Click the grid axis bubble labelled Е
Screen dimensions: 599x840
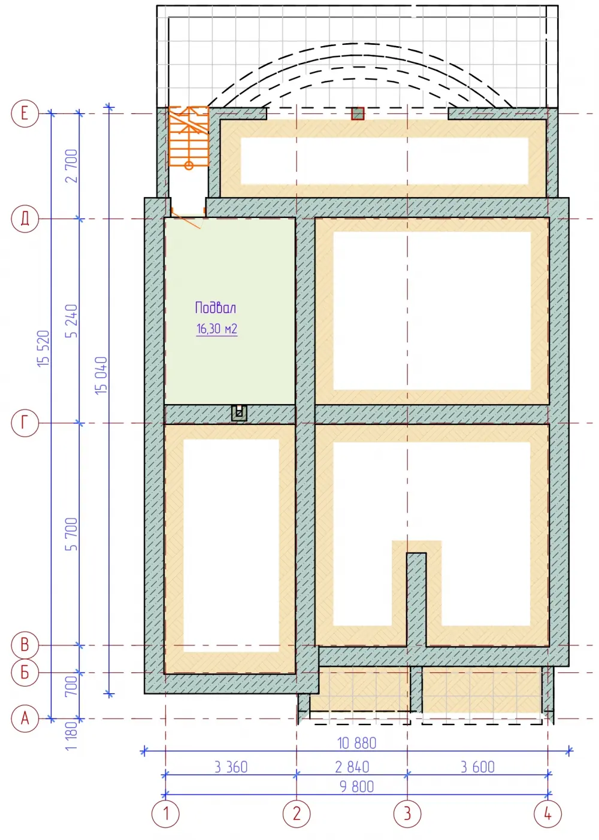25,113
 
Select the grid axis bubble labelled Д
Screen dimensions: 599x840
25,219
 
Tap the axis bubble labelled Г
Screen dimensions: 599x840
25,423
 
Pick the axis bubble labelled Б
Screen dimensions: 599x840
25,672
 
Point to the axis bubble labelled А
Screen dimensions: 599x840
25,718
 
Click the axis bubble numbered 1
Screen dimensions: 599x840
165,814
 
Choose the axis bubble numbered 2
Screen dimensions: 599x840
297,814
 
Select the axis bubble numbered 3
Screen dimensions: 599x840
407,814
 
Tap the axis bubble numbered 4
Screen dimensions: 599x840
547,814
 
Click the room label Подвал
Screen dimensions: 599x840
216,308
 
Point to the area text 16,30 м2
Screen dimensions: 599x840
217,329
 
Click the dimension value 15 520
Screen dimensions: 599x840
44,348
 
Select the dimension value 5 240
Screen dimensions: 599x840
72,321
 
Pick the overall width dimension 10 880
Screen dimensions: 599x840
356,743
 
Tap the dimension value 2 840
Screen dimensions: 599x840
352,767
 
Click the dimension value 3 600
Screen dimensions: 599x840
478,767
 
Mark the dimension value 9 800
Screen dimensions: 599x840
356,787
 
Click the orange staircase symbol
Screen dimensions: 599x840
189,137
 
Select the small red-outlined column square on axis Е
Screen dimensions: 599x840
358,113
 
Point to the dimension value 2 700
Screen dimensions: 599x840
72,166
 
